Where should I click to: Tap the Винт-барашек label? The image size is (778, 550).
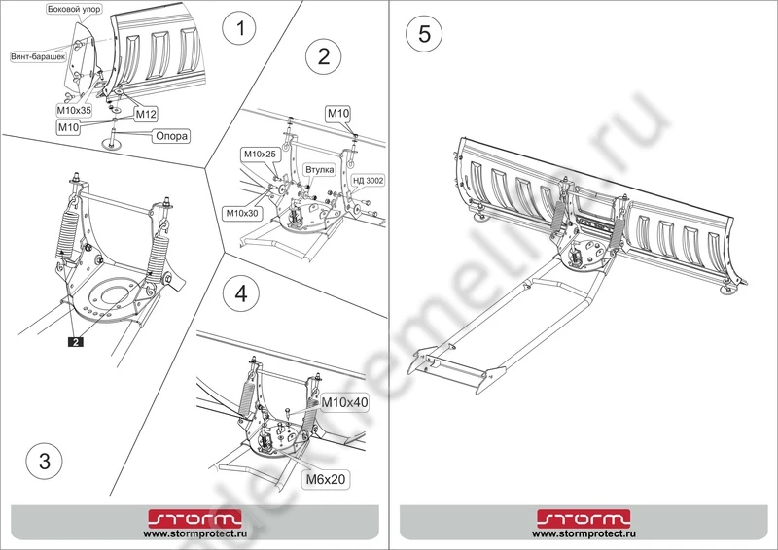tap(36, 56)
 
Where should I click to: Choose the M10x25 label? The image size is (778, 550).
tap(259, 155)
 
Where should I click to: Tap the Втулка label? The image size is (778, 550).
tap(320, 169)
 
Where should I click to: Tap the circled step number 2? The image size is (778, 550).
tap(323, 55)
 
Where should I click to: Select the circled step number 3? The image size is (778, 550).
tap(39, 462)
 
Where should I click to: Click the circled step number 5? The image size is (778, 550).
tap(424, 32)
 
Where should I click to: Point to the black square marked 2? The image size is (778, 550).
tap(74, 341)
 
